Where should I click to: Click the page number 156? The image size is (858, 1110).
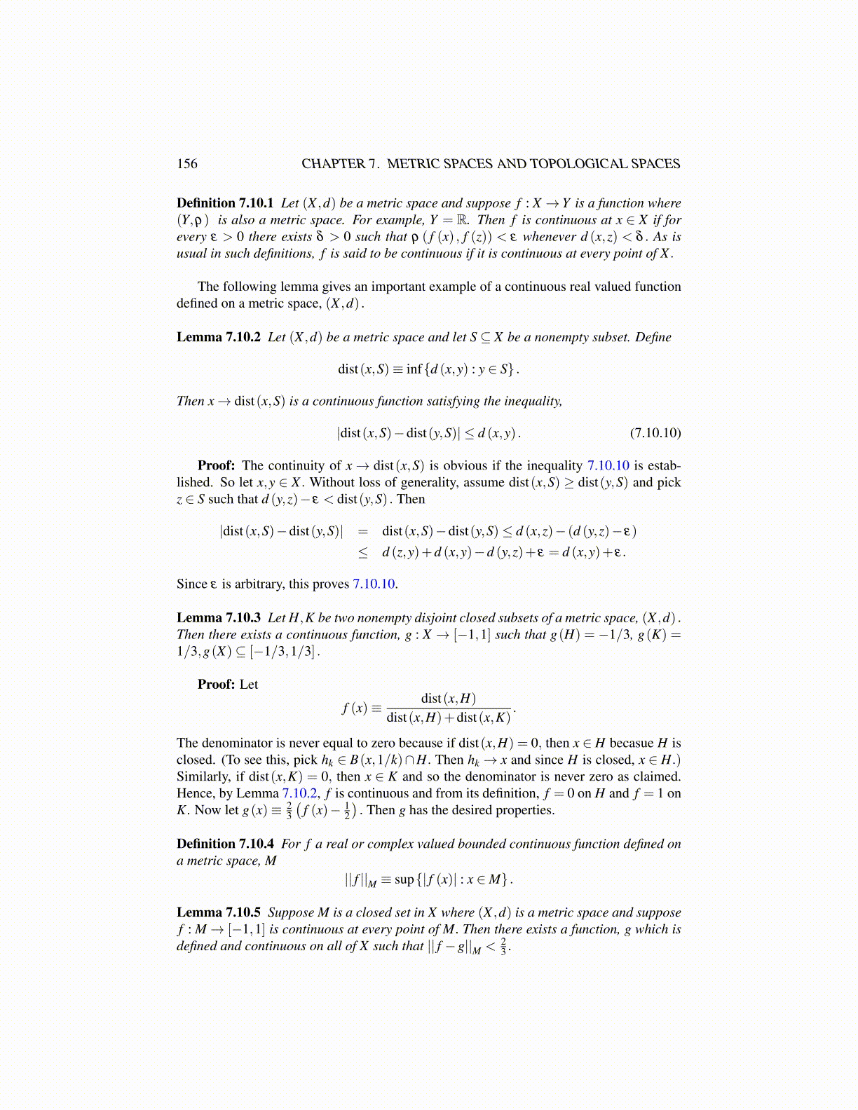click(187, 164)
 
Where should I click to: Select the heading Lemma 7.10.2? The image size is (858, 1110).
click(219, 337)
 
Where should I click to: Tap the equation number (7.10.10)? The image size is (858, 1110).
click(655, 432)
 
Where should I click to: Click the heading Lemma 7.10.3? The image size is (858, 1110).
click(219, 617)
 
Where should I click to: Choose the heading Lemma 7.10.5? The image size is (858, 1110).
click(219, 912)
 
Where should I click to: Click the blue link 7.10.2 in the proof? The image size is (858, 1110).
click(300, 793)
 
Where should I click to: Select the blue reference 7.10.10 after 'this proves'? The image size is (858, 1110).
click(375, 584)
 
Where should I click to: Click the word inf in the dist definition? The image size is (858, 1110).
click(414, 369)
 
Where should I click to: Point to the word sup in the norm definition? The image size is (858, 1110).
click(404, 879)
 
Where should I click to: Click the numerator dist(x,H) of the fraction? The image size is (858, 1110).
click(448, 698)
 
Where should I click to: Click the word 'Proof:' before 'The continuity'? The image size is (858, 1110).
click(216, 465)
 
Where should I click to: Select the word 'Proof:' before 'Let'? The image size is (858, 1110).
click(216, 684)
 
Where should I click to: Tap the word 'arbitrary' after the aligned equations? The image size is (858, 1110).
click(260, 584)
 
